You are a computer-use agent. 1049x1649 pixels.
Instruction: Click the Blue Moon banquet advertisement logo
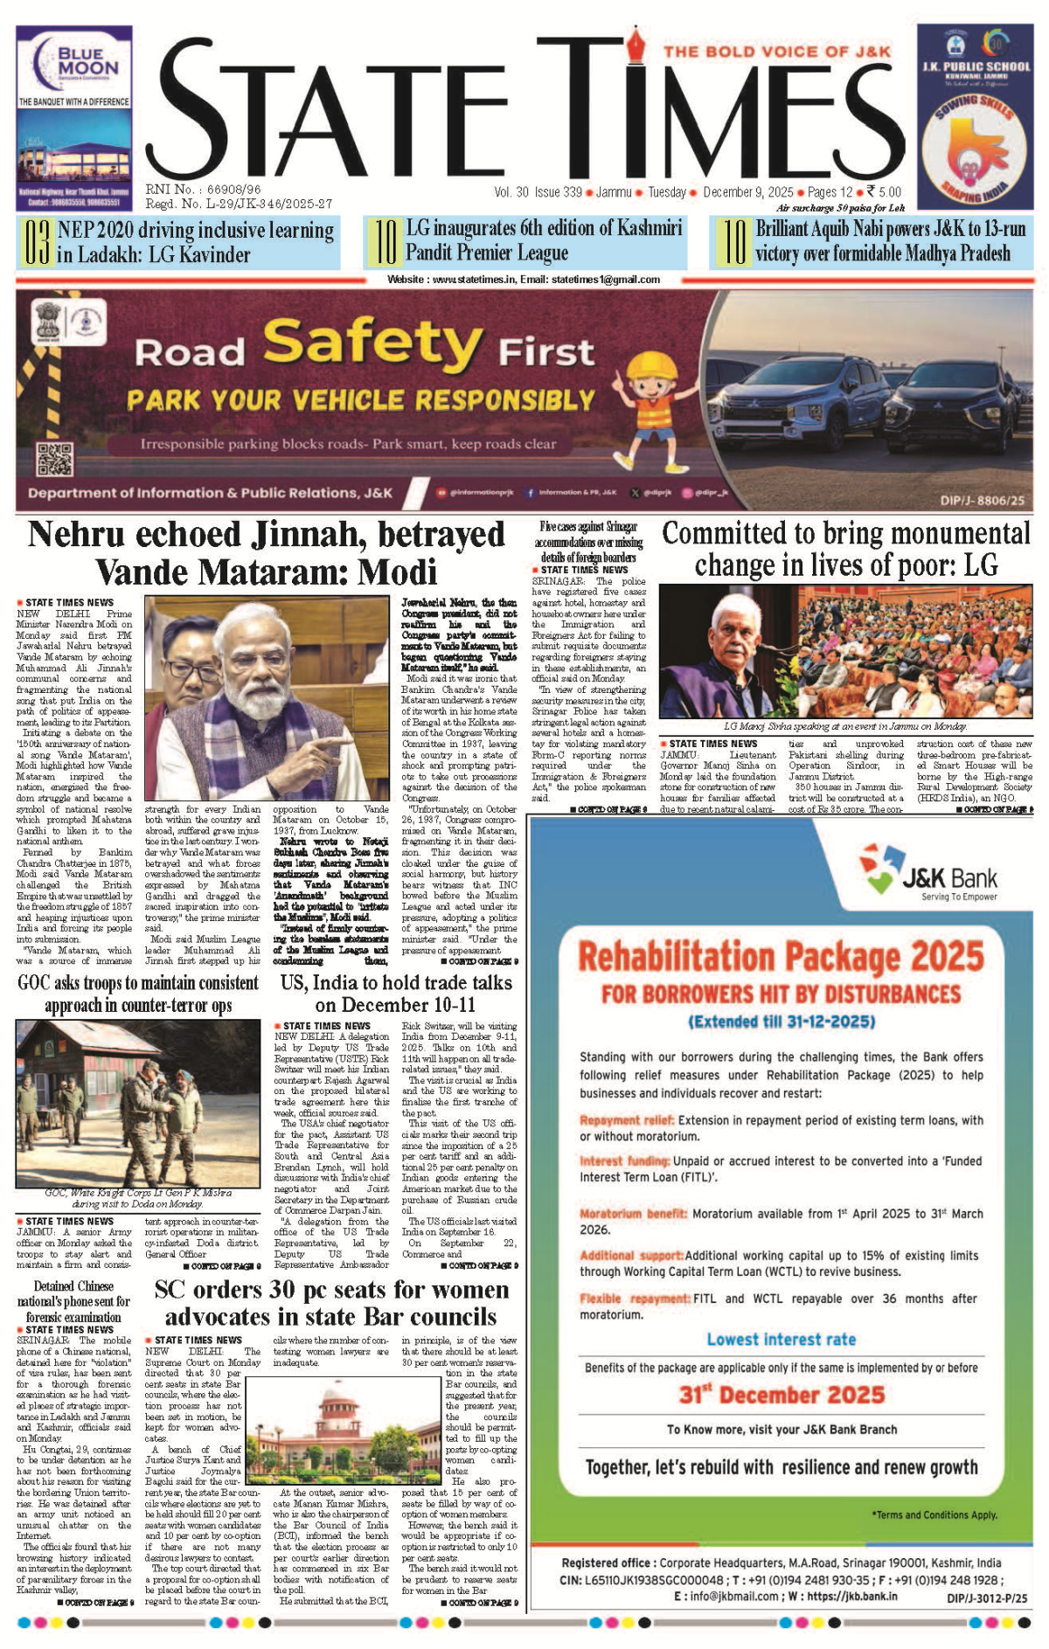pos(74,61)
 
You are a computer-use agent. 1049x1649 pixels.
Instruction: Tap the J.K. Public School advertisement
pos(975,116)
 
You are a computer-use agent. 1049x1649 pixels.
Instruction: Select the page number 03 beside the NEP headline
pos(36,243)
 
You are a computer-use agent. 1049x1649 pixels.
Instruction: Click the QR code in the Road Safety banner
pos(54,460)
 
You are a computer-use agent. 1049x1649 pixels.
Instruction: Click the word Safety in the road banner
pos(372,343)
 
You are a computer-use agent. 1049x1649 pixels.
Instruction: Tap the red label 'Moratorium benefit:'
pos(634,1214)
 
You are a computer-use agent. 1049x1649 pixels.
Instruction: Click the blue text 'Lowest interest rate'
pos(781,1340)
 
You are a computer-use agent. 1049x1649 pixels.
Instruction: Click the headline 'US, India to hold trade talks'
pos(396,982)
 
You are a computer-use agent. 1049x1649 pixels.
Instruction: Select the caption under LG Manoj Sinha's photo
pos(845,726)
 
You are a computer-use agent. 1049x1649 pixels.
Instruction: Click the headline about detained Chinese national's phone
pos(73,1301)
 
